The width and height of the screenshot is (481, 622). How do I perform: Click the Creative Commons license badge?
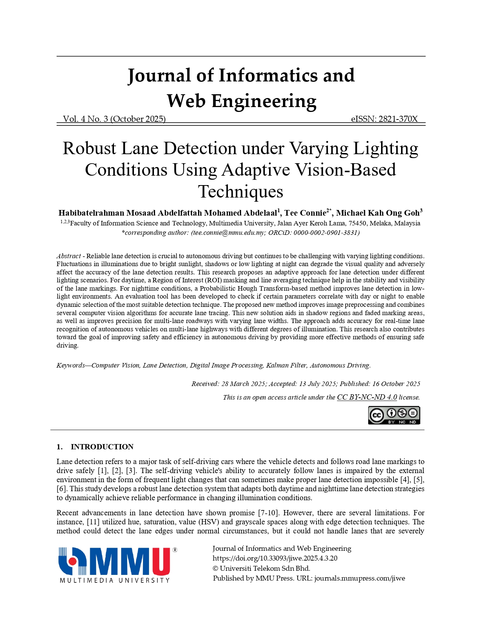394,415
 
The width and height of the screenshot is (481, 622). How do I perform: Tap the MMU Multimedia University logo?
117,565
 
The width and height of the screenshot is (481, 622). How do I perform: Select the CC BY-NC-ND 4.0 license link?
367,397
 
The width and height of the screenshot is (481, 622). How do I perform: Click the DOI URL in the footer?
275,558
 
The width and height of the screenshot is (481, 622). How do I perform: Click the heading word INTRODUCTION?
102,447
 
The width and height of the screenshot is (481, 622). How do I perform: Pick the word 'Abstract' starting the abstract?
69,256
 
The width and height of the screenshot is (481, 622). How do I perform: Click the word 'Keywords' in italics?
71,365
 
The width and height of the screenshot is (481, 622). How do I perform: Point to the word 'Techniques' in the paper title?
241,192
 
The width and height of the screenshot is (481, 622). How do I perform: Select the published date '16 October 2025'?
396,384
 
